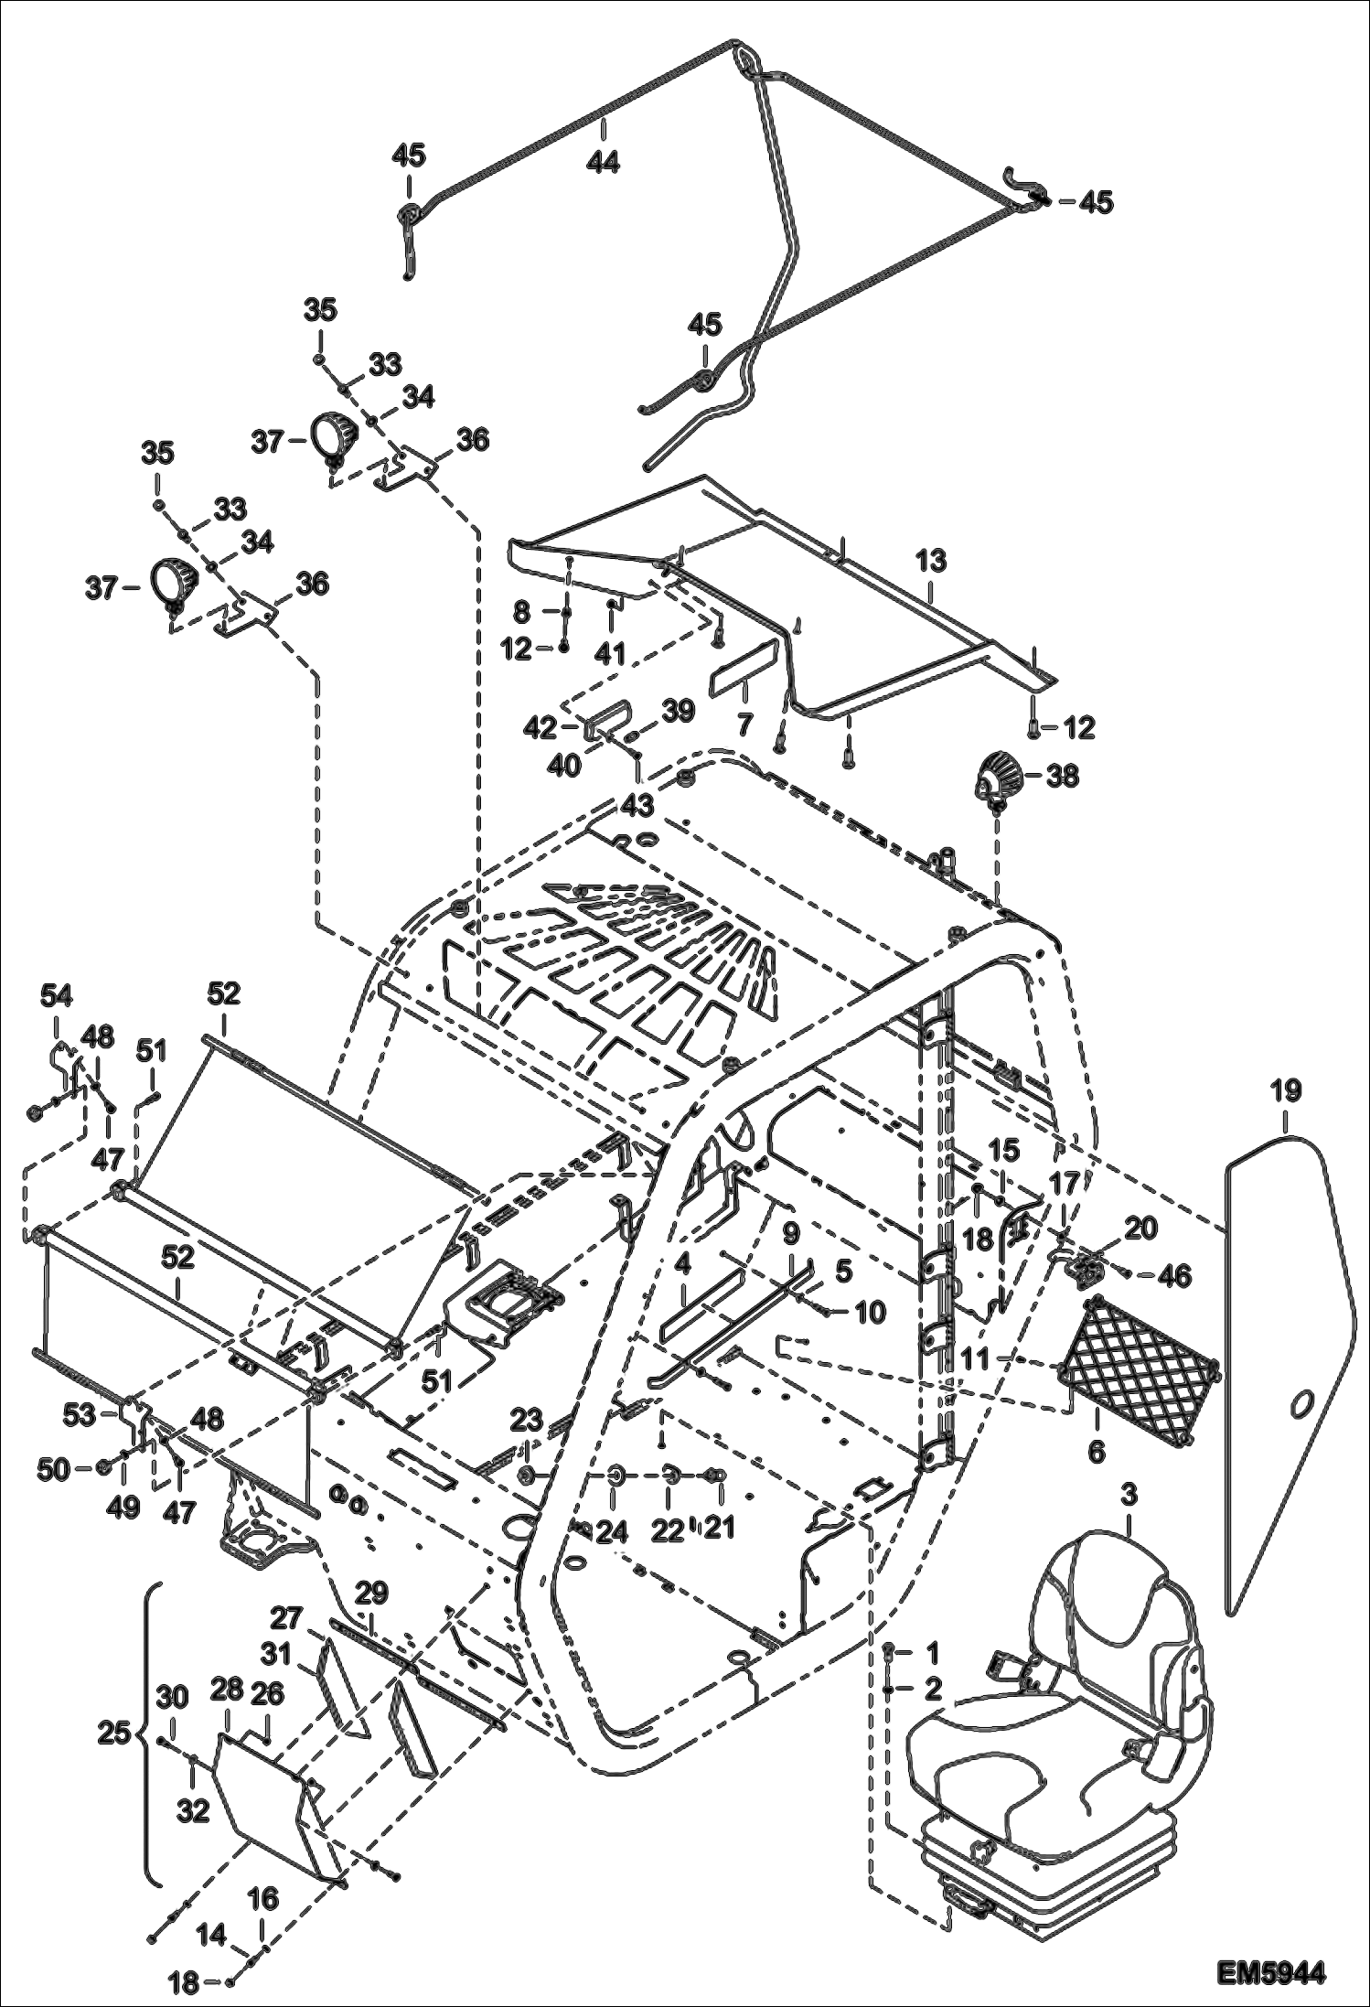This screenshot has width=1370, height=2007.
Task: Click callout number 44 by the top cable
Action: (x=604, y=162)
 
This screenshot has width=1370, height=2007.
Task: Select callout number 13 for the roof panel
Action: (x=931, y=561)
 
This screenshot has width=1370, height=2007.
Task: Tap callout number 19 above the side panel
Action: (x=1285, y=1090)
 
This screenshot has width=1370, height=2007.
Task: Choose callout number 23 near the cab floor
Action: (x=526, y=1421)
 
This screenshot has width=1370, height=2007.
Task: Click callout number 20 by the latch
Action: (x=1141, y=1229)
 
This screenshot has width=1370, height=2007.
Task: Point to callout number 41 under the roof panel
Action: (x=610, y=653)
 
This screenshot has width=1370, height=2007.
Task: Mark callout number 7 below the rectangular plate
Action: (x=744, y=725)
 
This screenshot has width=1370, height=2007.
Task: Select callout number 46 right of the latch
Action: (x=1175, y=1276)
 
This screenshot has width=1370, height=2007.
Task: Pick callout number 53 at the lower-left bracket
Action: (x=80, y=1415)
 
